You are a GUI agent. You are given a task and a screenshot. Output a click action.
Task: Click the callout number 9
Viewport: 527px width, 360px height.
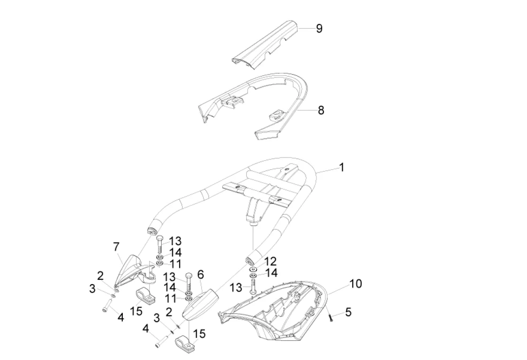click(x=319, y=29)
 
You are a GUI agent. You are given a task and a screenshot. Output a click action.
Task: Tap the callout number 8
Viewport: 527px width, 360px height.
click(x=321, y=111)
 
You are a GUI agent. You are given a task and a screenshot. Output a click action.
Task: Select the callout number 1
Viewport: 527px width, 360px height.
click(x=342, y=167)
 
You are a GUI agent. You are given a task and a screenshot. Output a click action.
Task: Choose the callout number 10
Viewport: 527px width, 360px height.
click(x=355, y=284)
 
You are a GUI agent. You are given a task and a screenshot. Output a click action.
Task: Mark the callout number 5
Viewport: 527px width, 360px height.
click(x=347, y=312)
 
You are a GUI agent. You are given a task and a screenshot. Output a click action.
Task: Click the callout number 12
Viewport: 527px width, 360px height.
click(x=271, y=262)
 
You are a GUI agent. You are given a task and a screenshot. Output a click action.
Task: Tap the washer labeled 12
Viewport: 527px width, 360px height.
click(x=253, y=270)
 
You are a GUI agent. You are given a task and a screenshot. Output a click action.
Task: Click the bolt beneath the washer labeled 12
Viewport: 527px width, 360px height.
click(x=253, y=285)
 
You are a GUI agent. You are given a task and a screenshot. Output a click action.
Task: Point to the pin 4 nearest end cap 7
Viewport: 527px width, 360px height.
click(x=106, y=308)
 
